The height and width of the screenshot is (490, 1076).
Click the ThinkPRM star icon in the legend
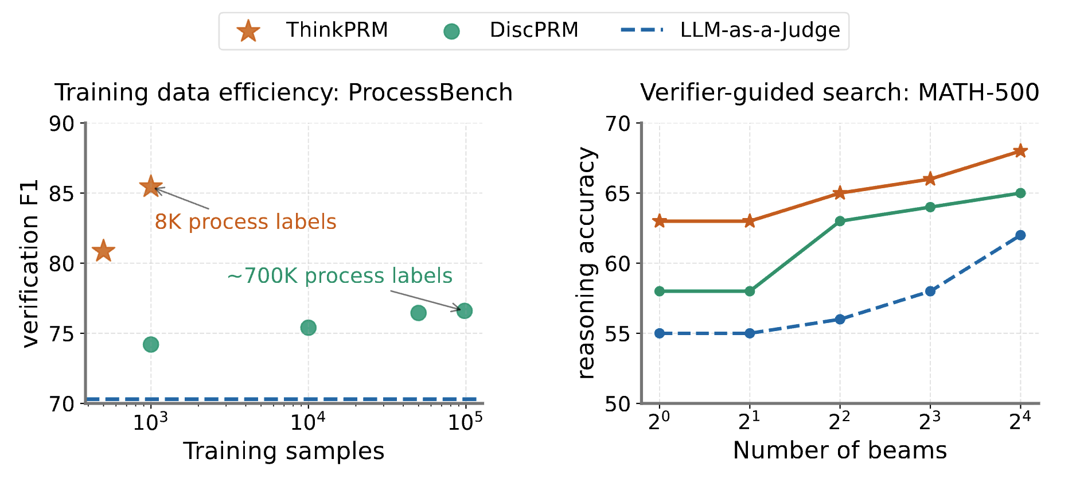click(248, 30)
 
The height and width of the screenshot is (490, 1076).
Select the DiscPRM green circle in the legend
click(452, 31)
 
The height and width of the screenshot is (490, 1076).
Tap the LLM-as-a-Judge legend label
click(759, 30)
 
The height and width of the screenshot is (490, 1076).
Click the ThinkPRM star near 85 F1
click(151, 186)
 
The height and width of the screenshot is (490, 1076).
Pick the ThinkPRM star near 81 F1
click(104, 251)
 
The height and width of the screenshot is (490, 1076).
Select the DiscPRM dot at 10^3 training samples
click(151, 344)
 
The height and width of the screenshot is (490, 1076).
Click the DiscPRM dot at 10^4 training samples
click(308, 328)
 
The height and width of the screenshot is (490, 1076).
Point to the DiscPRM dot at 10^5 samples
click(465, 311)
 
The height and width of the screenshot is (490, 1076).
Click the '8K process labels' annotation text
click(245, 222)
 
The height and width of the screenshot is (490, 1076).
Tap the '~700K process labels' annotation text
click(340, 276)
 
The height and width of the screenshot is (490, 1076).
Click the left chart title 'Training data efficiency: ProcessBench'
click(283, 92)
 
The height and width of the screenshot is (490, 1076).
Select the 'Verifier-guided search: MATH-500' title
click(839, 92)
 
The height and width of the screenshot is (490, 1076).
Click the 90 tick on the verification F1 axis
click(61, 123)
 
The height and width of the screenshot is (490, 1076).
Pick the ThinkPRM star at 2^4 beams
click(1020, 151)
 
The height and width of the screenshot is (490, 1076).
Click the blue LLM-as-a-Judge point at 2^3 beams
click(930, 291)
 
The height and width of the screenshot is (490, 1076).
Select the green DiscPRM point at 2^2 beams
click(840, 221)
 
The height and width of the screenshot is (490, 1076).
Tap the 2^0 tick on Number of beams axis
click(659, 422)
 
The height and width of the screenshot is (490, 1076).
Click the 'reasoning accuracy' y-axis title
click(587, 263)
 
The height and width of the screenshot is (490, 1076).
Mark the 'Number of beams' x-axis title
click(839, 451)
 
